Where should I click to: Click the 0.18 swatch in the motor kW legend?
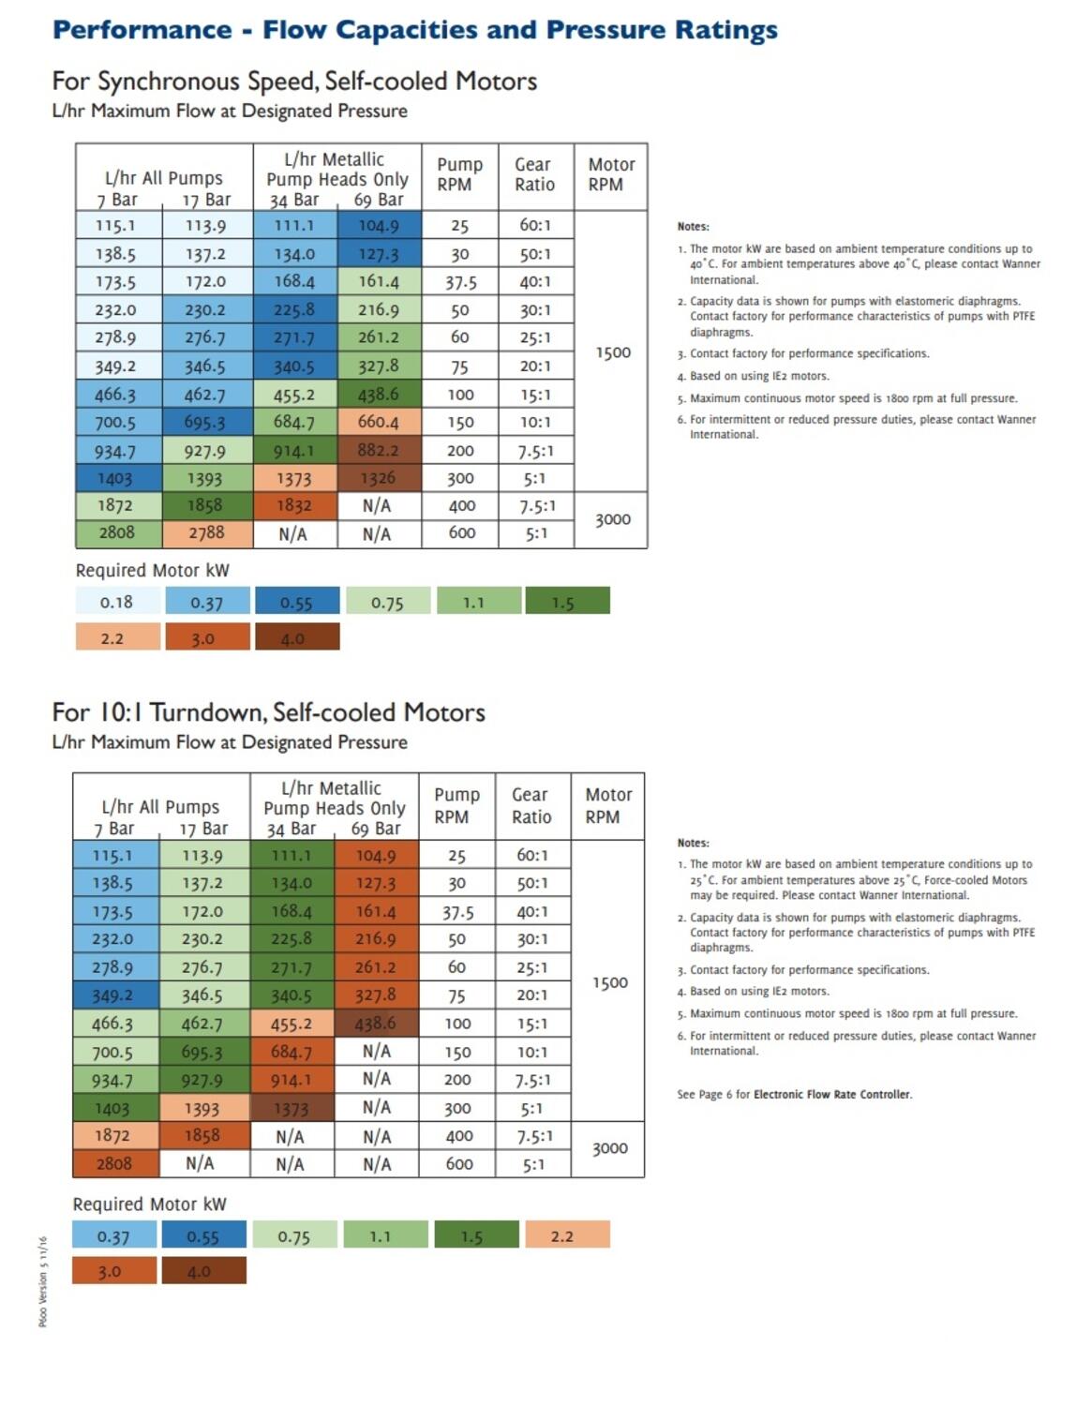point(116,602)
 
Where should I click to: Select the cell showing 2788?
point(206,533)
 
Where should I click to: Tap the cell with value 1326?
point(378,478)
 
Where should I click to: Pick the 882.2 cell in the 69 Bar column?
point(378,451)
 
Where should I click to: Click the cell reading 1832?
point(293,506)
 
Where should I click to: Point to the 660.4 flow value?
point(378,423)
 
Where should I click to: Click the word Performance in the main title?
point(142,30)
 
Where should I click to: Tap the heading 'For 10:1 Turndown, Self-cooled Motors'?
point(268,712)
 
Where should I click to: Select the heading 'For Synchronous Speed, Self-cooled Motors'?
point(294,82)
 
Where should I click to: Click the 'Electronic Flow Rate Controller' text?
point(831,1094)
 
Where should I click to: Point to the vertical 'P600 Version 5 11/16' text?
point(43,1281)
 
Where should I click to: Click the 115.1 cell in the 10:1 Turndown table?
point(112,856)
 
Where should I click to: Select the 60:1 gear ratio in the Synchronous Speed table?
point(535,226)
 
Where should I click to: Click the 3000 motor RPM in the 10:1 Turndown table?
point(609,1149)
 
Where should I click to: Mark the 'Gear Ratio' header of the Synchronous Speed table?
point(534,175)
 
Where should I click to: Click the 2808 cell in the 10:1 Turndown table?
point(113,1163)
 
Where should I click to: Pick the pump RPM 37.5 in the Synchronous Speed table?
point(460,282)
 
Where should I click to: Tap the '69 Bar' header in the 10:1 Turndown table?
point(376,830)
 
